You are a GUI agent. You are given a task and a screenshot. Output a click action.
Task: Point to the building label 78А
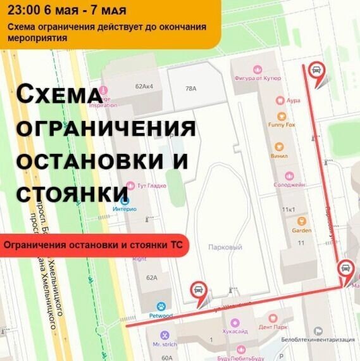[x=191, y=89]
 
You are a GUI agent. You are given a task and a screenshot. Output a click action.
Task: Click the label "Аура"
[x=293, y=100]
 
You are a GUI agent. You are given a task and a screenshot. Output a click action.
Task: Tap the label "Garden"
[x=302, y=231]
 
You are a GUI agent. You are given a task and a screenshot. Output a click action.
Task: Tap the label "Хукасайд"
[x=235, y=331]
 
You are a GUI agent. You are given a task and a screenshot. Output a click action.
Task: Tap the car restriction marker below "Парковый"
[x=198, y=289]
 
